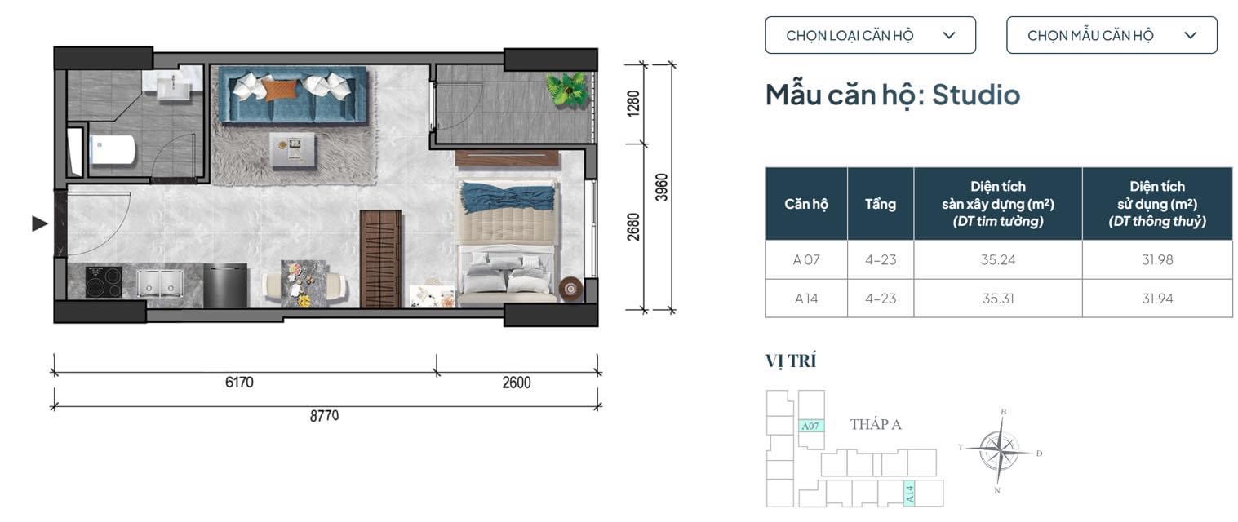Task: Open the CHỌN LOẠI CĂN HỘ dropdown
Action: coord(870,35)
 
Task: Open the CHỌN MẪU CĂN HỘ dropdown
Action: coord(1112,35)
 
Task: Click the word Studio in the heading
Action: coord(976,95)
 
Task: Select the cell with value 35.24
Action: coord(997,259)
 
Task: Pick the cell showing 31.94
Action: coord(1156,299)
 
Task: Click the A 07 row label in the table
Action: coord(805,259)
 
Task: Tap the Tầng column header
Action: coord(881,204)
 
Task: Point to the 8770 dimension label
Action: coord(325,416)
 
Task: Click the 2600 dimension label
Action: coord(517,383)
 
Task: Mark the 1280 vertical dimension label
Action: coord(633,104)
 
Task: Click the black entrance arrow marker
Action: coord(40,223)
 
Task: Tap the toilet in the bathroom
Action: coord(112,150)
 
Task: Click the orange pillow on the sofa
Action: coord(280,90)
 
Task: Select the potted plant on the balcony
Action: coord(566,89)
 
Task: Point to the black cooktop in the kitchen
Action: coord(104,281)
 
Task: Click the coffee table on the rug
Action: coord(293,150)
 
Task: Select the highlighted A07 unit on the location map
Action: coord(811,426)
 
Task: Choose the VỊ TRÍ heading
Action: coord(790,361)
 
